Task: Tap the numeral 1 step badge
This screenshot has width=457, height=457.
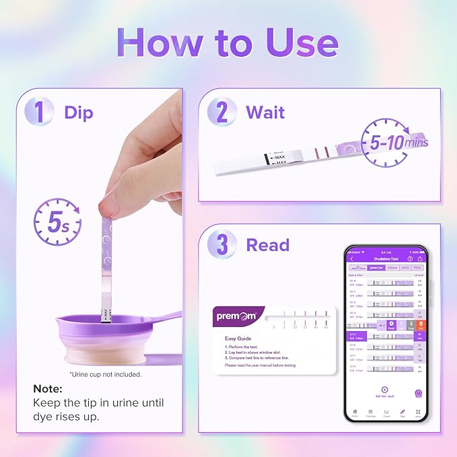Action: (40, 112)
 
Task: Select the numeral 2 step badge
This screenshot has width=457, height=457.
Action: (221, 112)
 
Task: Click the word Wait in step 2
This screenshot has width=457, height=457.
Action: (265, 112)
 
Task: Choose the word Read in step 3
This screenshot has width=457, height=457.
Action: (267, 245)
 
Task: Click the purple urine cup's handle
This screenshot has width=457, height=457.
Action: (165, 316)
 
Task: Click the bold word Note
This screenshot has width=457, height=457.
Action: (48, 389)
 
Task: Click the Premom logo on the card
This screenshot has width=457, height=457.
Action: (236, 315)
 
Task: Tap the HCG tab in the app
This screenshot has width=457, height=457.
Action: (405, 268)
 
